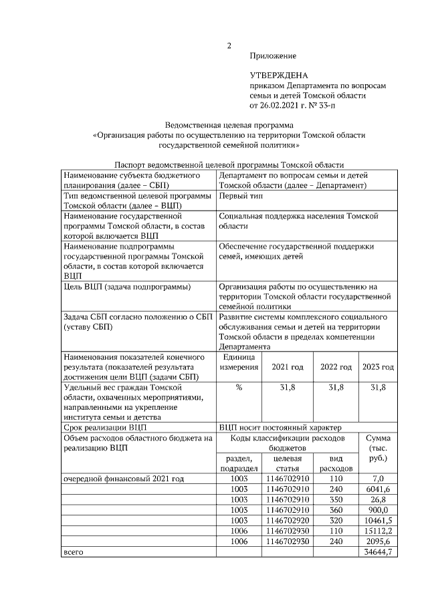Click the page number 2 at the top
228,46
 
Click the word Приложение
272,56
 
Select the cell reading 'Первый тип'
241,195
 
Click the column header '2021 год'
287,367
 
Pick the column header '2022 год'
336,367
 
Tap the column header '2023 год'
379,367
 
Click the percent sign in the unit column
239,387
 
